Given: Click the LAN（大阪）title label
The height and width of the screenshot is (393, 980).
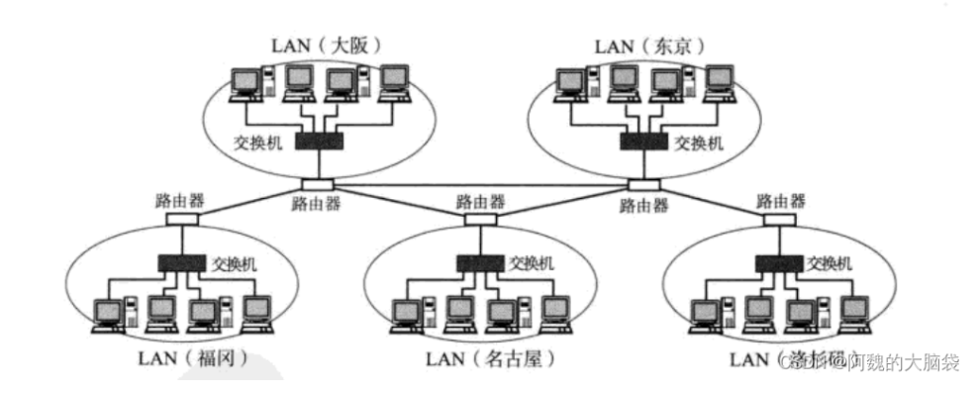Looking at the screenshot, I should pos(326,46).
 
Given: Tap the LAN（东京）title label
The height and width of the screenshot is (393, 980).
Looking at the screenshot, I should pos(649,46).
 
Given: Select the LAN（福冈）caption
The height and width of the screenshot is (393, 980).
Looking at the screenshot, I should pos(189,354).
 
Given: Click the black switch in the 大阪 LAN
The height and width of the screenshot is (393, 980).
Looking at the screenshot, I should pos(320,142).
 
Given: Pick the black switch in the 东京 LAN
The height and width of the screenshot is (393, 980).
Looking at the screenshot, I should pos(644,142).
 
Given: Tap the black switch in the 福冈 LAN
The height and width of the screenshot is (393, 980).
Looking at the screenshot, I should pos(183,263).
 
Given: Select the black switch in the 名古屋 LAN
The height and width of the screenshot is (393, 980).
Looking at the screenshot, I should pos(481,263).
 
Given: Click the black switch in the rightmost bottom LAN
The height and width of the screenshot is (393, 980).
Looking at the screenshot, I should pos(779,263).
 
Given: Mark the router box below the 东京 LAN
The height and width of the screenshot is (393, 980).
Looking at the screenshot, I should pos(642,185).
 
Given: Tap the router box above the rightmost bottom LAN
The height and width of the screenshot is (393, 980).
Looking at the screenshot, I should pos(778,218).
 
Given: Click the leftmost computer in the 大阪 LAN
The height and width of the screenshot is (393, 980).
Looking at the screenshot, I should pos(244,84).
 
